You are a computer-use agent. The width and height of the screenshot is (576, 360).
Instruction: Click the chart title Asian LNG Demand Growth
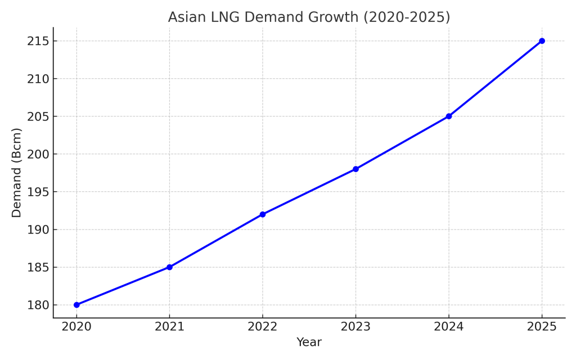click(x=309, y=17)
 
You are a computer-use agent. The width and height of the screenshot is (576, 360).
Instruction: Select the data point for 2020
click(x=76, y=305)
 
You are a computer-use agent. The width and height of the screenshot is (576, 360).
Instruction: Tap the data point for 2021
click(x=169, y=267)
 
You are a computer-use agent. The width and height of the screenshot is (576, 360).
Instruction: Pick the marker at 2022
click(x=263, y=214)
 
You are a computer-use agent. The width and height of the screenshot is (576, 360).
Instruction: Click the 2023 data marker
click(x=355, y=169)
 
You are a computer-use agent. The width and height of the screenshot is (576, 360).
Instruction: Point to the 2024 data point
click(x=449, y=116)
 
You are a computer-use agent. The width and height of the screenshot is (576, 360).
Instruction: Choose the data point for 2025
click(x=542, y=41)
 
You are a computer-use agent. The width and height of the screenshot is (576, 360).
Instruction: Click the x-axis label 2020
click(x=76, y=327)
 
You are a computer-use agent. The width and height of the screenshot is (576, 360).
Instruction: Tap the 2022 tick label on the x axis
click(x=263, y=327)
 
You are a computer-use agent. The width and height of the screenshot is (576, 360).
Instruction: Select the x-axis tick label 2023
click(x=355, y=327)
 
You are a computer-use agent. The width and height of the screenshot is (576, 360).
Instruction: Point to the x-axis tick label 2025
click(x=542, y=327)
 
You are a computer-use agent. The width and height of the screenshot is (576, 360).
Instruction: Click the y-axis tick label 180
click(x=38, y=305)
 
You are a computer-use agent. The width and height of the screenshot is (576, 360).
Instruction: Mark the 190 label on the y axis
click(x=38, y=229)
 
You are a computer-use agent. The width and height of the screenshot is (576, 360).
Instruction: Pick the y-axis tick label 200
click(x=38, y=154)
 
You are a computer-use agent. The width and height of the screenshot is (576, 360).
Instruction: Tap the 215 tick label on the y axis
click(x=38, y=41)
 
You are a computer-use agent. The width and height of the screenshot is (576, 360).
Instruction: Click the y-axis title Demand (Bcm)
click(x=17, y=173)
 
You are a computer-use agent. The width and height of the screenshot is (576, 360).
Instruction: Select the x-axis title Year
click(x=309, y=343)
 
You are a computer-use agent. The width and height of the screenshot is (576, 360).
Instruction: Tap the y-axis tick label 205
click(x=38, y=116)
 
